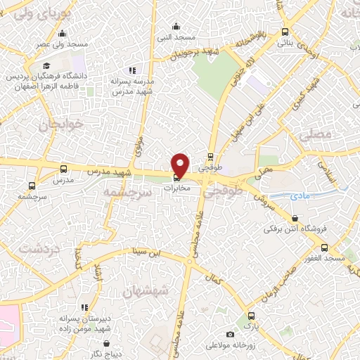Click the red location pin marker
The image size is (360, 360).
point(181,165)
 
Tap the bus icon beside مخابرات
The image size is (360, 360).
point(176,176)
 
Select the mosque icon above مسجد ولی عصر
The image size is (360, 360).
point(62,33)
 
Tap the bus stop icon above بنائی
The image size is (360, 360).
point(284,32)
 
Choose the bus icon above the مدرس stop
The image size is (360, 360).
point(64,169)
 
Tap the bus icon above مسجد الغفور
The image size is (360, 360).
point(324,247)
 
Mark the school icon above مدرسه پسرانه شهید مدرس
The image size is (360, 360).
point(131,70)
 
